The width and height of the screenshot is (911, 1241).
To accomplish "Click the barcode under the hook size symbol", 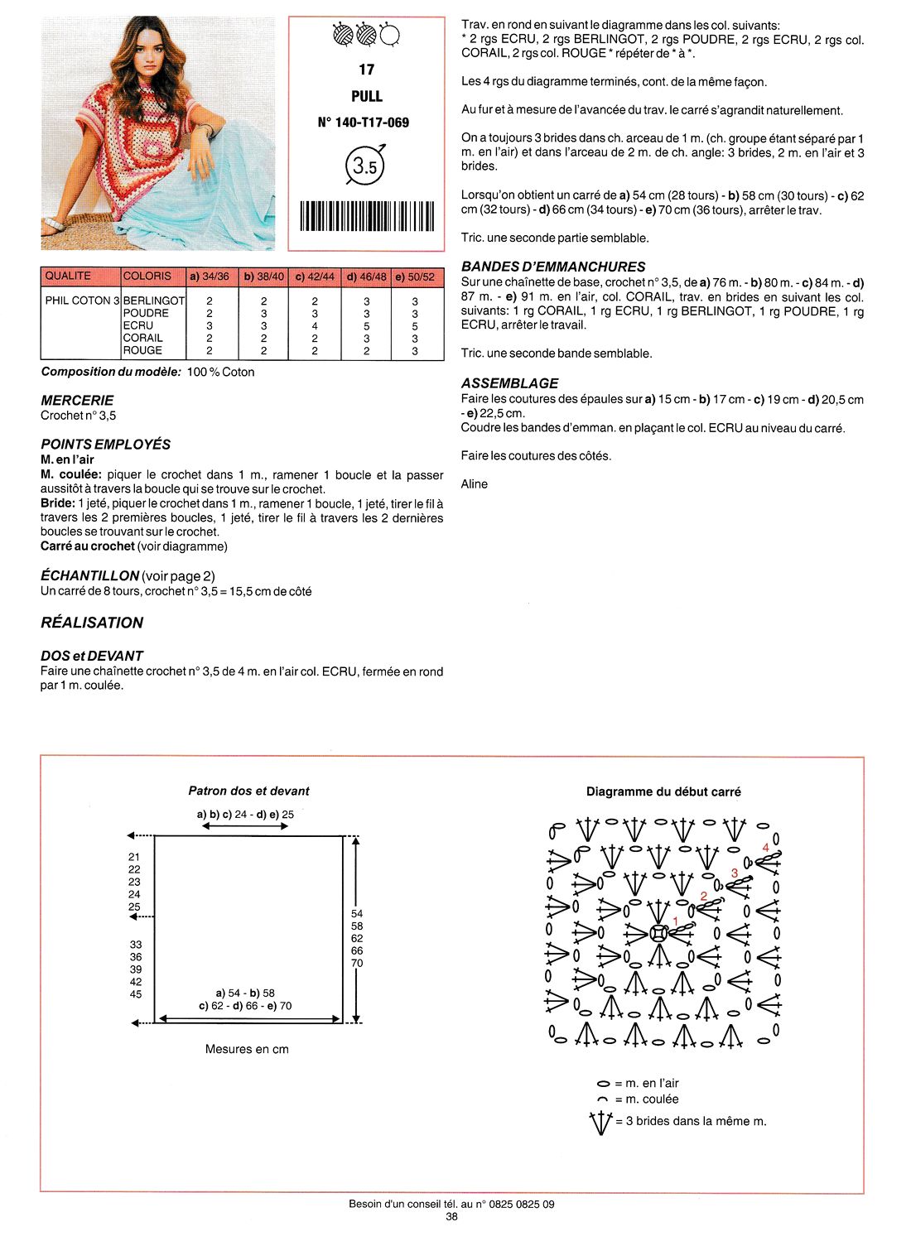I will click(366, 216).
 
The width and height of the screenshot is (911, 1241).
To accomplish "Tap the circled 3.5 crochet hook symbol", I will click(365, 166).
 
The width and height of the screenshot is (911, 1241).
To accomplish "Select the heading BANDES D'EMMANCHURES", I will click(553, 267).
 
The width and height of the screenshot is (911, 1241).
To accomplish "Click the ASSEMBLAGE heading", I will click(509, 383).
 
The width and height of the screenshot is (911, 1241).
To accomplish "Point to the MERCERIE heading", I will click(77, 401).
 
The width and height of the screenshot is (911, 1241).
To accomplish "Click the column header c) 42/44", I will click(315, 277).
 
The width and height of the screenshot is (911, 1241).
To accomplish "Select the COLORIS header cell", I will click(147, 276).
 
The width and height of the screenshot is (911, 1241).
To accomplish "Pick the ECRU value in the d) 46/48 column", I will click(366, 326).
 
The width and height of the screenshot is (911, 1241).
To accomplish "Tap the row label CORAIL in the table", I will click(142, 338).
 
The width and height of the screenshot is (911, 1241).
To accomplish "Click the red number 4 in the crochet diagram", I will click(766, 848).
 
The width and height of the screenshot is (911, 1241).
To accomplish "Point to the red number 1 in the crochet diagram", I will click(675, 921).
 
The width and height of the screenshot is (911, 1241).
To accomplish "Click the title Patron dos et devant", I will click(248, 791).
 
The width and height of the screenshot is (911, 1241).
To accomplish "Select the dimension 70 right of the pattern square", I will click(357, 963).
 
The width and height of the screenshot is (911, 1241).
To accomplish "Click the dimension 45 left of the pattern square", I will click(136, 994).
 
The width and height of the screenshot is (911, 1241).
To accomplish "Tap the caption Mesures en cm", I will click(247, 1049).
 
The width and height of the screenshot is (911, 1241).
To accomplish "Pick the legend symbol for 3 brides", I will click(600, 1123).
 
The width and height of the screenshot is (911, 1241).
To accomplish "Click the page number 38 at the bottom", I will click(451, 1217).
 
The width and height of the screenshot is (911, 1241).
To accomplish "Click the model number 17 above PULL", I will click(366, 70).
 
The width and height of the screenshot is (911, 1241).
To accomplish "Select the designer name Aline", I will click(475, 484).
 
